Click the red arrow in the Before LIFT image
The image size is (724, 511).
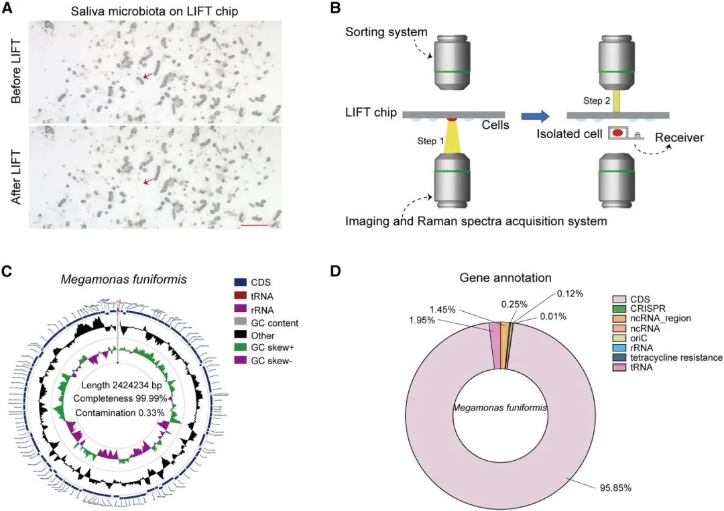pyautogui.click(x=147, y=76)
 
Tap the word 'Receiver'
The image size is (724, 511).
pyautogui.click(x=679, y=138)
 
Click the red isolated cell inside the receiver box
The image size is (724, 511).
pyautogui.click(x=619, y=133)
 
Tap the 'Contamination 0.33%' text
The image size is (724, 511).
pyautogui.click(x=119, y=412)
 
